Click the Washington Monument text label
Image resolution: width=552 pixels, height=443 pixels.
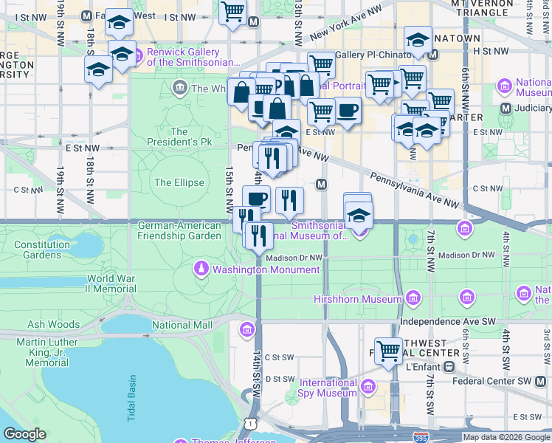tap(266, 269)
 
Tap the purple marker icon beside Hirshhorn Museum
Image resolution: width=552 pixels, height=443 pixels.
tap(413, 299)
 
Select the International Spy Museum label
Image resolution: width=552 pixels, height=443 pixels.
tap(328, 388)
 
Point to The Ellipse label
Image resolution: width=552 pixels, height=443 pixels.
tap(179, 182)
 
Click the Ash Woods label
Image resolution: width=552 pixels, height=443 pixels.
tap(53, 324)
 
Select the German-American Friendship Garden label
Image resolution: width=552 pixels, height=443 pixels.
tap(179, 230)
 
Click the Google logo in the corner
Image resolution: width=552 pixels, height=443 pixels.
tap(24, 434)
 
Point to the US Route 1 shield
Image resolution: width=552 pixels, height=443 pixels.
tap(252, 423)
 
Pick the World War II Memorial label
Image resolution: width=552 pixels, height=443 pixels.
tap(109, 284)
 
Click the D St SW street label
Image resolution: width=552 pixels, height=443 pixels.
tap(280, 379)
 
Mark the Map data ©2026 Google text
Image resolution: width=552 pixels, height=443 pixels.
tap(506, 437)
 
